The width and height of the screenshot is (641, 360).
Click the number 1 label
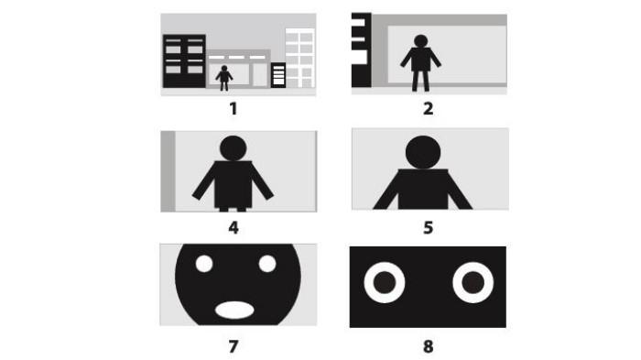[x=233, y=109]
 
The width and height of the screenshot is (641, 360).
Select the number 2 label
[x=428, y=109]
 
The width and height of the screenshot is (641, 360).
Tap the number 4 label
[x=234, y=228]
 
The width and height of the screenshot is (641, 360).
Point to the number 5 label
[x=428, y=228]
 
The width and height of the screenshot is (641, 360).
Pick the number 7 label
[x=234, y=346]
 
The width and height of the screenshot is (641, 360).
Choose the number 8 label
[x=428, y=346]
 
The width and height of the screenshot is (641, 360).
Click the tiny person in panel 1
[x=224, y=78]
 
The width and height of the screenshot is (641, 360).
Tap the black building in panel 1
[x=184, y=61]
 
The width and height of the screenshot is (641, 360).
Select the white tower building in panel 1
[x=300, y=58]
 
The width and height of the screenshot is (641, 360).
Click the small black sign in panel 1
[x=278, y=75]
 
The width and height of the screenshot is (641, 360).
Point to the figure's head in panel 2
[x=420, y=41]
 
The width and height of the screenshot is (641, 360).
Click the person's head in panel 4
[x=233, y=148]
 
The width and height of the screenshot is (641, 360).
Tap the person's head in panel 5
[x=423, y=152]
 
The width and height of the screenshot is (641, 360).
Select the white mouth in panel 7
[x=234, y=311]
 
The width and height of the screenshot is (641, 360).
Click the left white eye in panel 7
[x=204, y=264]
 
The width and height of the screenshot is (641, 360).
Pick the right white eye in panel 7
[x=267, y=264]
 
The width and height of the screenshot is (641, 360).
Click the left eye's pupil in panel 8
[x=385, y=282]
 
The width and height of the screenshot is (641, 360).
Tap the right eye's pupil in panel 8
[x=473, y=282]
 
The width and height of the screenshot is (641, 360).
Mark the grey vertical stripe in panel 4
[x=168, y=171]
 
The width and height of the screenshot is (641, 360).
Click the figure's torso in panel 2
[x=420, y=60]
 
